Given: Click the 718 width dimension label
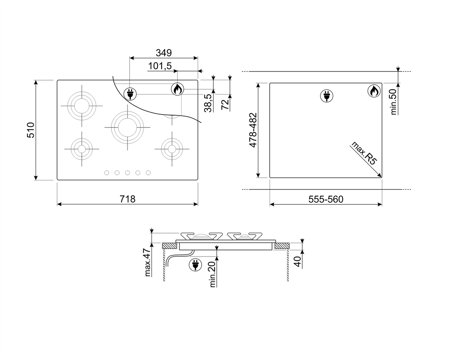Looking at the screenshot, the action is [x=127, y=199].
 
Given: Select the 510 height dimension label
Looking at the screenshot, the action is [x=31, y=130].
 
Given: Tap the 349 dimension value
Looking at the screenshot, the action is [x=163, y=53].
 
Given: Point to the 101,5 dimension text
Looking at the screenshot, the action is [x=160, y=66].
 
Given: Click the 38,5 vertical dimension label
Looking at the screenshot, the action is [x=208, y=103].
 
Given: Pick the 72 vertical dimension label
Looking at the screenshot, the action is [x=225, y=104].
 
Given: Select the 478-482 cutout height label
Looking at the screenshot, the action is [x=253, y=130].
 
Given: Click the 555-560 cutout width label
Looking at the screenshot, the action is [x=326, y=199].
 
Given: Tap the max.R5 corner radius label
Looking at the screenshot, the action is [x=364, y=153].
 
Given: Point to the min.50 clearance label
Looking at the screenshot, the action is [x=393, y=102].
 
